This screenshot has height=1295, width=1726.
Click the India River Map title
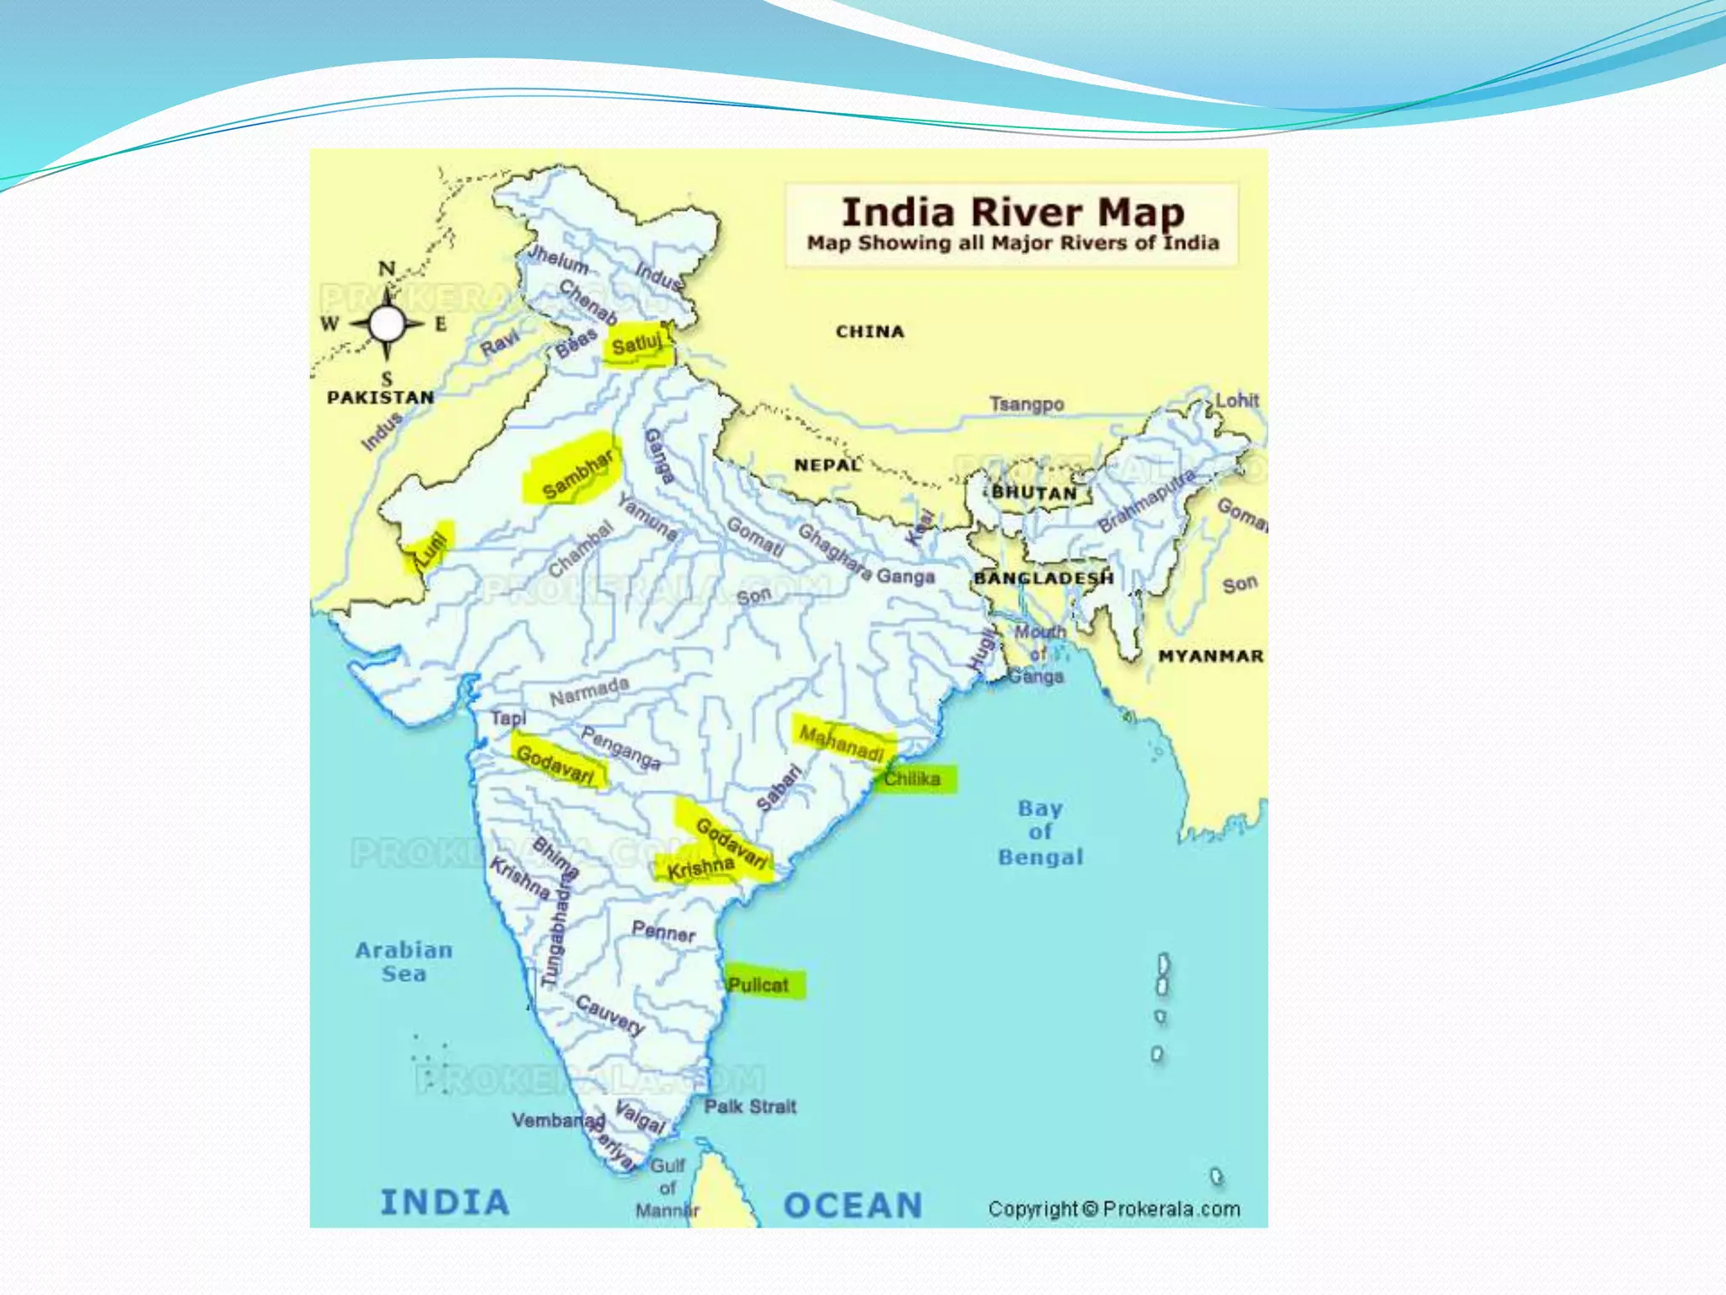1013,212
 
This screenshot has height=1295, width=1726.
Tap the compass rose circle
387,323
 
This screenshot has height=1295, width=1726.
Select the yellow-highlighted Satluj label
637,344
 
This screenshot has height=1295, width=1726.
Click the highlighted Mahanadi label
842,742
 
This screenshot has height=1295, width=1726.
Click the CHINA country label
870,331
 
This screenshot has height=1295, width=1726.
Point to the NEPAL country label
828,465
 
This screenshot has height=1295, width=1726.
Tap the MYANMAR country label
1210,656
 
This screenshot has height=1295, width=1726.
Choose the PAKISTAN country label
381,397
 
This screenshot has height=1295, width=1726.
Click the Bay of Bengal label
1040,832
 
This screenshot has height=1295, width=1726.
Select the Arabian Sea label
404,961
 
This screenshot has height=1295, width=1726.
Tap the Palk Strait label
750,1106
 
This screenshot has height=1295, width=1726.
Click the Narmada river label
589,691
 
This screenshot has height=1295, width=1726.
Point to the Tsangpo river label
1026,404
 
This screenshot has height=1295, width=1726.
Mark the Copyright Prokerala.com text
1114,1209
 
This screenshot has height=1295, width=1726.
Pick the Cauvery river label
611,1014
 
